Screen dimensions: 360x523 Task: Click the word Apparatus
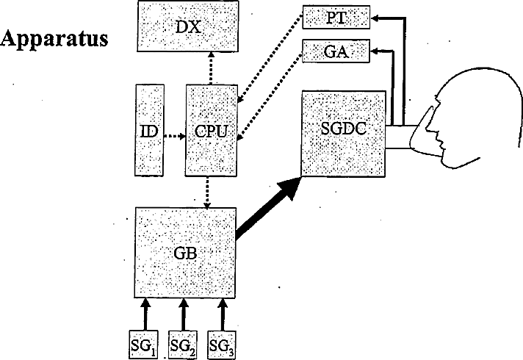pos(56,39)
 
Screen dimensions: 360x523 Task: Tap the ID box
pos(148,130)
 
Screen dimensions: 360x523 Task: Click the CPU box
pos(210,130)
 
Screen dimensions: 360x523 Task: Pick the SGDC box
pos(342,132)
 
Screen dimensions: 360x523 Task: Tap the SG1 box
pos(145,342)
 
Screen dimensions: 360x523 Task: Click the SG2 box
pos(184,342)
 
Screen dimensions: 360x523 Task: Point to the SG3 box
pos(222,342)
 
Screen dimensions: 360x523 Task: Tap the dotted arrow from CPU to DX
pos(211,69)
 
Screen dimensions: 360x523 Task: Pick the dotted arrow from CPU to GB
pos(209,192)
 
